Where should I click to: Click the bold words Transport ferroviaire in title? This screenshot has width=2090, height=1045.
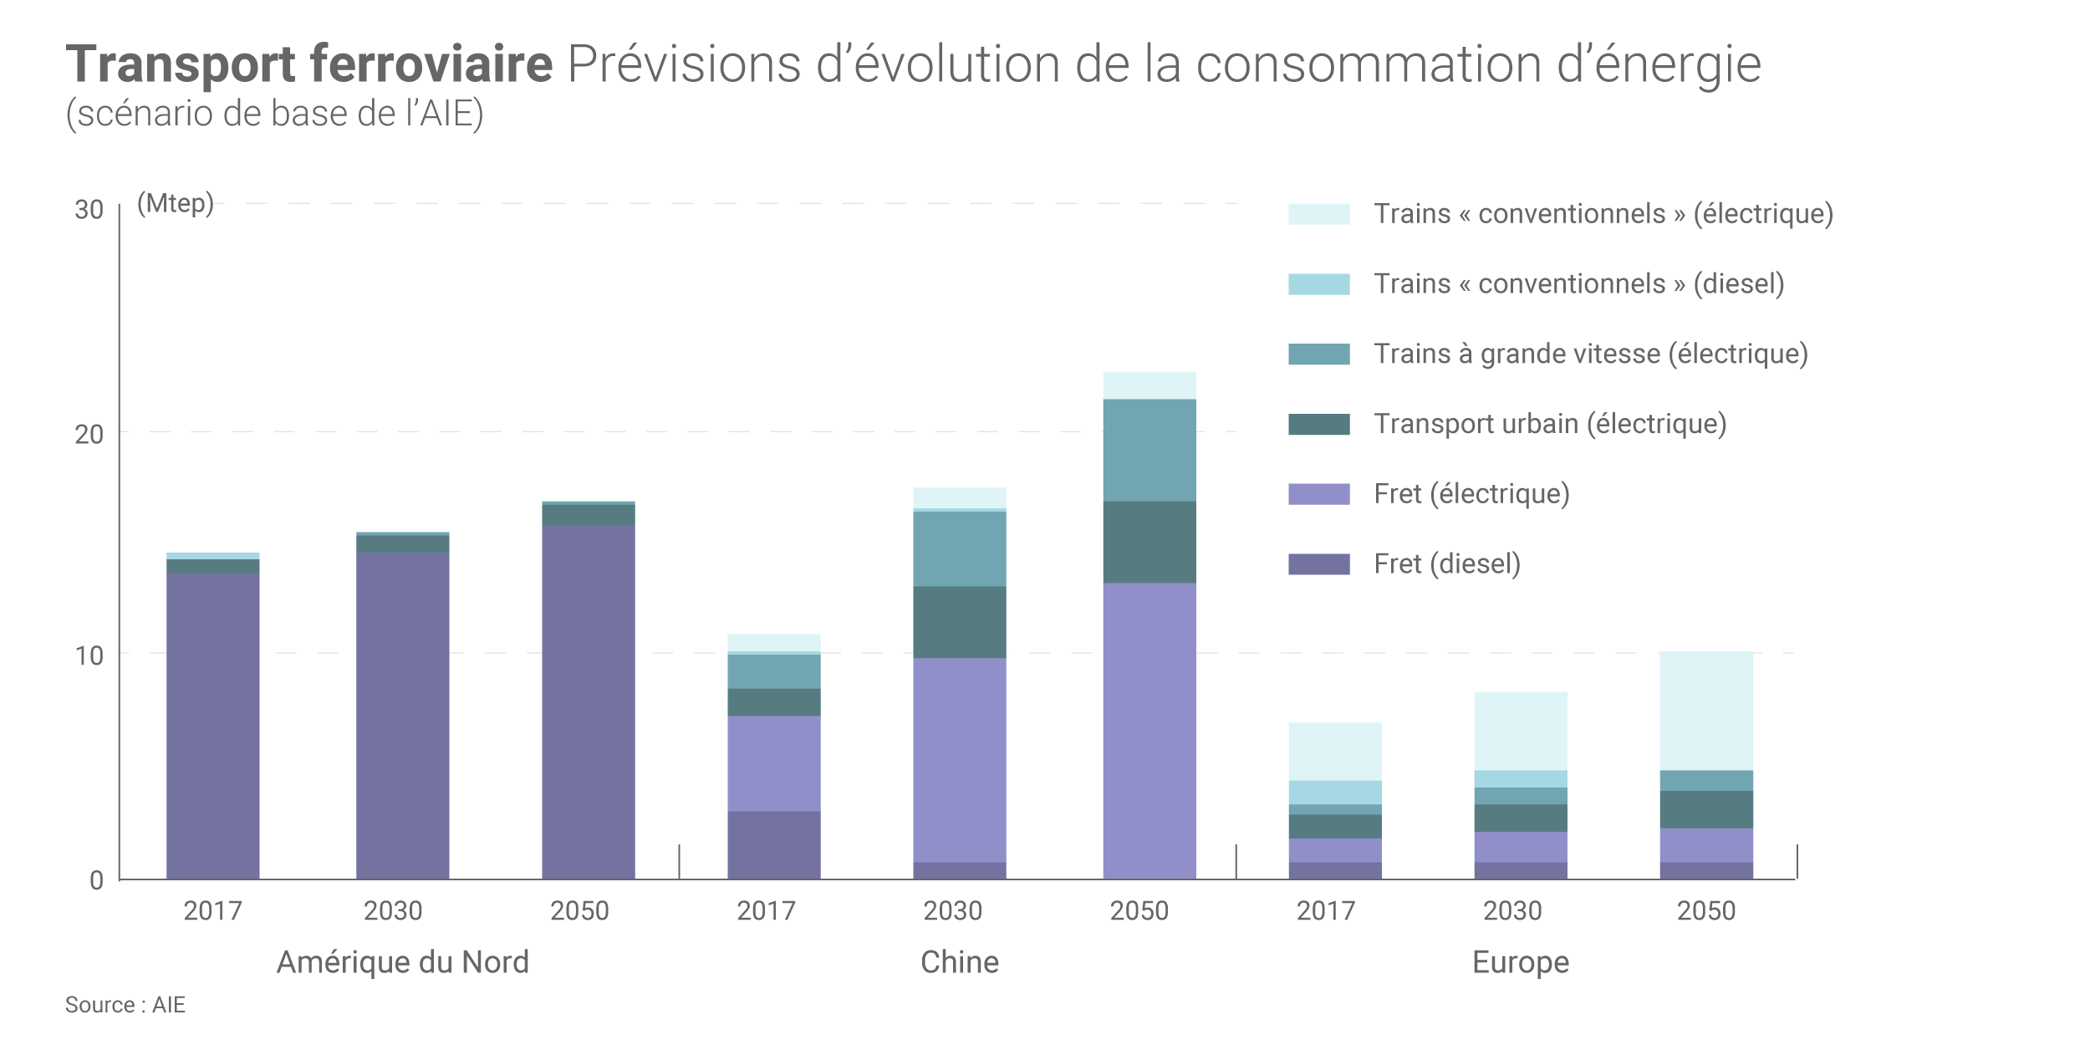[309, 64]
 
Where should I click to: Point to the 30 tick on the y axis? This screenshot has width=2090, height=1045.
[89, 210]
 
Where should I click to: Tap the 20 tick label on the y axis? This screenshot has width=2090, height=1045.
[89, 435]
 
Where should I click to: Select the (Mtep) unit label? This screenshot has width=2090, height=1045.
[176, 203]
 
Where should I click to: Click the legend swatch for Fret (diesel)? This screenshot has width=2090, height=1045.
[1318, 564]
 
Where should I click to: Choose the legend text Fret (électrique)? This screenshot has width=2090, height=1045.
[1471, 494]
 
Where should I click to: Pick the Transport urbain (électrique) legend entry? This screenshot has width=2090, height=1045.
[1550, 424]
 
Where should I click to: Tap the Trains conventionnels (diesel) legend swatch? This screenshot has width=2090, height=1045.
[1318, 284]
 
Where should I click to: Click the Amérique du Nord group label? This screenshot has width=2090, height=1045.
[402, 962]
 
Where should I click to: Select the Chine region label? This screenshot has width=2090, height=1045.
[959, 962]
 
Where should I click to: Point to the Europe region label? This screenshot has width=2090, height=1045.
[1520, 962]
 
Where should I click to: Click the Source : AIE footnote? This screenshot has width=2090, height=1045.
[125, 1005]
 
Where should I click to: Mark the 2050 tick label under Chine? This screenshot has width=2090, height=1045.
[1139, 910]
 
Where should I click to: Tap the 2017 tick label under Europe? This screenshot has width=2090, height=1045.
[1325, 910]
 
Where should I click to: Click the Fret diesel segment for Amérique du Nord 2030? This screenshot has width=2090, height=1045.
[402, 715]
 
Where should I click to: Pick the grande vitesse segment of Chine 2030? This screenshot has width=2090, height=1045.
[959, 548]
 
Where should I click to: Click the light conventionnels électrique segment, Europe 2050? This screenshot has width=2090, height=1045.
[1705, 711]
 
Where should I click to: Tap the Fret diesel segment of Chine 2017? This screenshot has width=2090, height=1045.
[773, 844]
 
